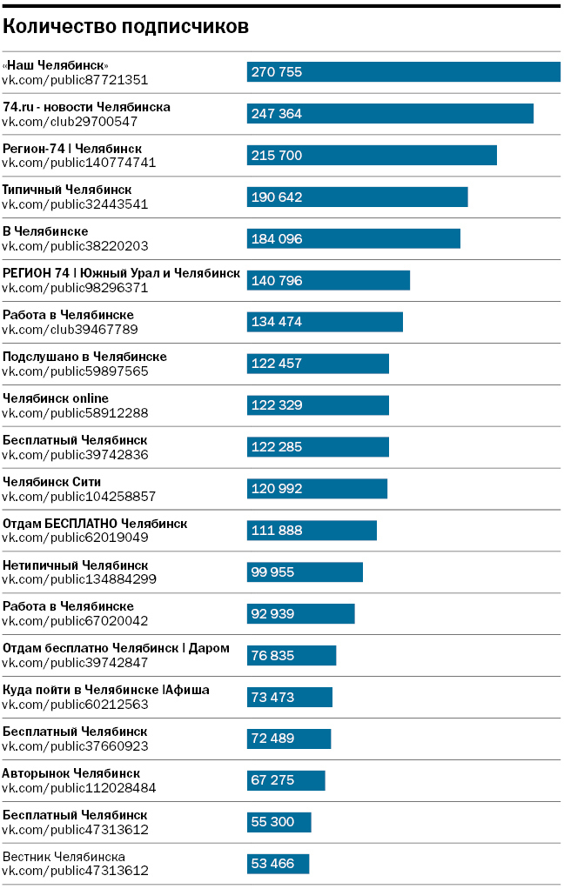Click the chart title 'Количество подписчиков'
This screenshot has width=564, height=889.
[x=125, y=27]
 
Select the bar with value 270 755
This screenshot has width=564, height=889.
[x=403, y=72]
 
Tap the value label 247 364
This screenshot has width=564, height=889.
[x=276, y=114]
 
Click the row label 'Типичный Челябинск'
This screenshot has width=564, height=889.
[x=67, y=190]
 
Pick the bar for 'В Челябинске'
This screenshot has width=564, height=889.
[x=353, y=239]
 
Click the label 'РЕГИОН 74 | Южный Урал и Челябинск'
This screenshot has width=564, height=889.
[x=121, y=273]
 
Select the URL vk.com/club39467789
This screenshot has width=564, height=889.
[x=70, y=330]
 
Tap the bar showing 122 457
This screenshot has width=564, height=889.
[x=318, y=364]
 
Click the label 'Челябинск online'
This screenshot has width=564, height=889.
[x=56, y=398]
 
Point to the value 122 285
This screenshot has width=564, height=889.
[x=276, y=447]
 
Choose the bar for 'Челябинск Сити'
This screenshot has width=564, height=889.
[x=317, y=489]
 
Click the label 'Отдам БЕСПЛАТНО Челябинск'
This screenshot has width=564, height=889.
[x=95, y=524]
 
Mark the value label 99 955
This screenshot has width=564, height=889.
[x=272, y=572]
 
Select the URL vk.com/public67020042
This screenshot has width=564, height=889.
[x=75, y=621]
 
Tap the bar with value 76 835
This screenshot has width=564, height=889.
[x=292, y=656]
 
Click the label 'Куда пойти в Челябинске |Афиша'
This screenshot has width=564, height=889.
[x=106, y=690]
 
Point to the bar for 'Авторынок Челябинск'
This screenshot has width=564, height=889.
[x=285, y=780]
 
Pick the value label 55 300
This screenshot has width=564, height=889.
[x=272, y=822]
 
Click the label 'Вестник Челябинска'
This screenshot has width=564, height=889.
[x=64, y=857]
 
